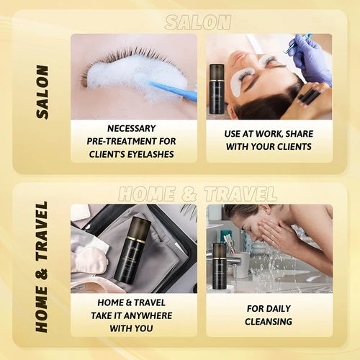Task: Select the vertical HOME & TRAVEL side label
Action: [x=42, y=266]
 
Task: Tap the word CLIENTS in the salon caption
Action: [x=291, y=148]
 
